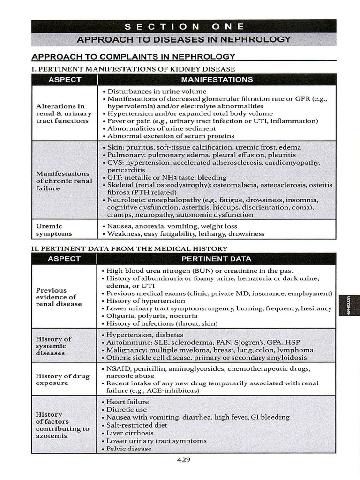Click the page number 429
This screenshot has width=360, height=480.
coord(184,460)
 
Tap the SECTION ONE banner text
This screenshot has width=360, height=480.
coord(184,26)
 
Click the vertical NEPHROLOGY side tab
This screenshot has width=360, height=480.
coord(348,305)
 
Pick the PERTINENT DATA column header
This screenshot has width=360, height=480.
coord(216,259)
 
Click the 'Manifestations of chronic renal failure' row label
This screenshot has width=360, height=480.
coord(64,180)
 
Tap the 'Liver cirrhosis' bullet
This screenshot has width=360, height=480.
coord(130,433)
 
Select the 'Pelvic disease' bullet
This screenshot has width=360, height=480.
coord(129,449)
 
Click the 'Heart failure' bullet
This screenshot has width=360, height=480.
coord(127,402)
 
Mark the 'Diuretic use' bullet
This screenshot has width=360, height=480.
coord(127,409)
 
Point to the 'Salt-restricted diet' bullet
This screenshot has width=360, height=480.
coord(137,425)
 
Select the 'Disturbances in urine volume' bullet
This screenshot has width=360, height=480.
coord(157,91)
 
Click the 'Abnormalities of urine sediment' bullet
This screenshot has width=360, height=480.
coord(161,128)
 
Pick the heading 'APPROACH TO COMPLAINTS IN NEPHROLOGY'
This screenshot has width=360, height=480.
coord(133,57)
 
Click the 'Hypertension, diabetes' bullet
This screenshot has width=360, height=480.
coord(145,335)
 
